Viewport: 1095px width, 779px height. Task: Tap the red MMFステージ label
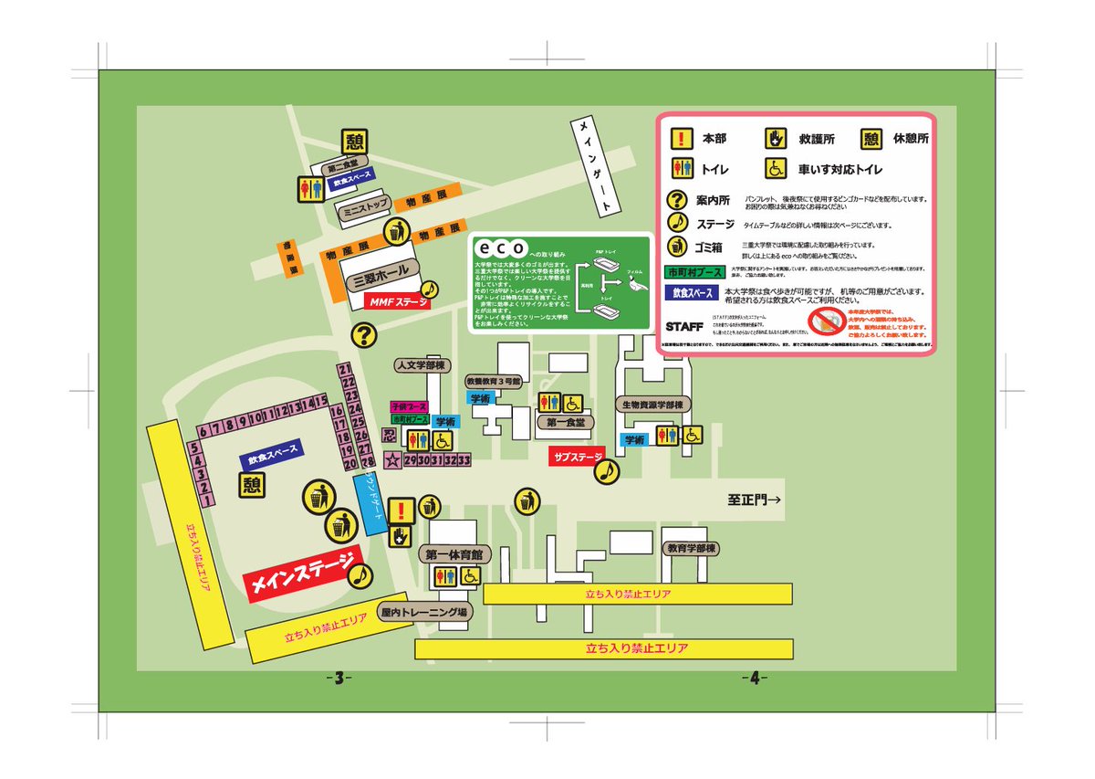[x=397, y=300]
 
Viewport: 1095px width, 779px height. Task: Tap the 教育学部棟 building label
[x=691, y=549]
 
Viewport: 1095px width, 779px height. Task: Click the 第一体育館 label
[x=453, y=554]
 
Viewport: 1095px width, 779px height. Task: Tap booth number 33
[x=464, y=459]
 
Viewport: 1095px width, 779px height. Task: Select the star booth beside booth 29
[x=392, y=459]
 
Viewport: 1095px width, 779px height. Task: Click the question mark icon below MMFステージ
[x=365, y=335]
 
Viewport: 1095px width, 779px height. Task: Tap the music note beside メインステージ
[x=360, y=574]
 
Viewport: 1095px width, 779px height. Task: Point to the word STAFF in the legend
[x=685, y=326]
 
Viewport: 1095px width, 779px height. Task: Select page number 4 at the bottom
[x=755, y=678]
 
